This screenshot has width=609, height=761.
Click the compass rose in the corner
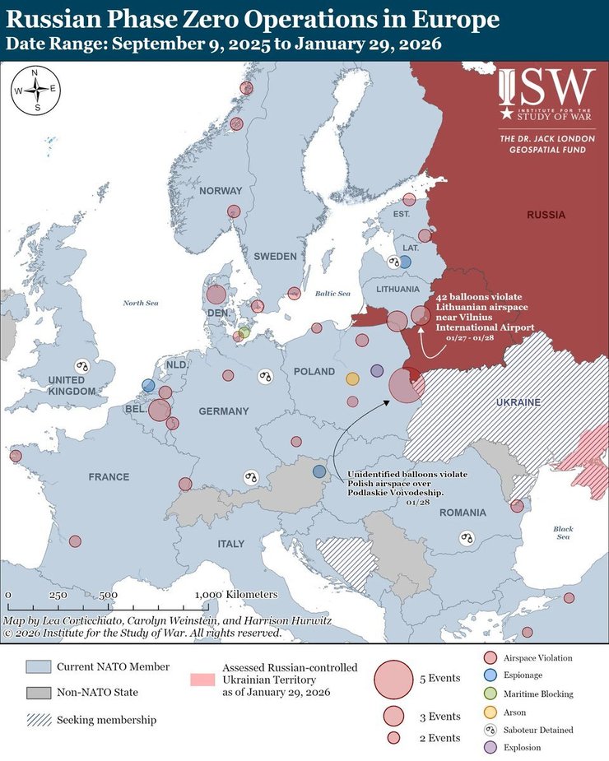pyautogui.click(x=35, y=90)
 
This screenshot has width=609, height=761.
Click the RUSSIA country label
pyautogui.click(x=546, y=215)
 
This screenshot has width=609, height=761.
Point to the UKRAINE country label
pyautogui.click(x=518, y=402)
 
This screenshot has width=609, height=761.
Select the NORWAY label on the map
pyautogui.click(x=221, y=191)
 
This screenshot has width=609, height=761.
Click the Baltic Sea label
pyautogui.click(x=333, y=294)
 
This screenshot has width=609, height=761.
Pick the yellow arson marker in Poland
pyautogui.click(x=352, y=378)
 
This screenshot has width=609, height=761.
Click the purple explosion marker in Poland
pyautogui.click(x=377, y=371)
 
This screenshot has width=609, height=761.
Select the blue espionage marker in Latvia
pyautogui.click(x=404, y=262)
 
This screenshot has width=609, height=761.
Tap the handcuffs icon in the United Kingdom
pyautogui.click(x=81, y=366)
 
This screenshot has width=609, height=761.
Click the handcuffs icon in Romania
pyautogui.click(x=467, y=538)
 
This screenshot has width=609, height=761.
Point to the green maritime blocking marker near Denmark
pyautogui.click(x=244, y=332)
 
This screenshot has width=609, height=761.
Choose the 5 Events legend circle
pyautogui.click(x=394, y=680)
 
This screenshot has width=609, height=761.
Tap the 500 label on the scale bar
pyautogui.click(x=109, y=595)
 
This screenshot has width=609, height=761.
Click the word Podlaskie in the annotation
pyautogui.click(x=370, y=492)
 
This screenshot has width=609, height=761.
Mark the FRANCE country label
pyautogui.click(x=109, y=477)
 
